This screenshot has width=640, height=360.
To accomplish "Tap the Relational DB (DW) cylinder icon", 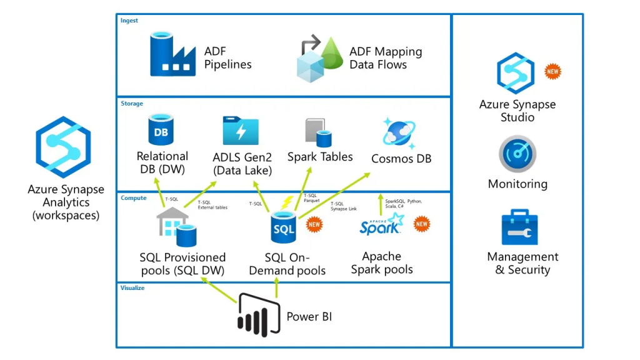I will [x=161, y=130].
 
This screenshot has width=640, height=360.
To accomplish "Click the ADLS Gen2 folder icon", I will [x=241, y=131].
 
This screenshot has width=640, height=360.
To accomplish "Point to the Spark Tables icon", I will [x=318, y=132].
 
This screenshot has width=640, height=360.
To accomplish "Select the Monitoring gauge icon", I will [x=517, y=155].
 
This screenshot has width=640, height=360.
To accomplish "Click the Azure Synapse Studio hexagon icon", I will [x=516, y=73].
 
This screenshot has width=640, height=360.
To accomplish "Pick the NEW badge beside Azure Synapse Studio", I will [x=552, y=71].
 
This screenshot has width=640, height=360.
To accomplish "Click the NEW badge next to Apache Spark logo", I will [x=422, y=224].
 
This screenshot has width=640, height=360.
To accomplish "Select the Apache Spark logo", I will [x=382, y=225].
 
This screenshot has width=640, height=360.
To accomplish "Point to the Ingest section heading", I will [x=129, y=21].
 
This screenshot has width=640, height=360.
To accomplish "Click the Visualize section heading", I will [x=132, y=288].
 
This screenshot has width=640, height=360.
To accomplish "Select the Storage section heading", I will [x=132, y=104].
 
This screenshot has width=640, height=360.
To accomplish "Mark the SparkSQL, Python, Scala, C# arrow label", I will [x=404, y=204].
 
